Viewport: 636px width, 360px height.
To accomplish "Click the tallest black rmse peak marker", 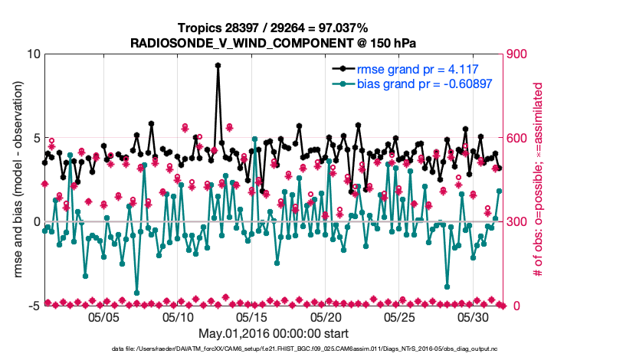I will click(x=218, y=66).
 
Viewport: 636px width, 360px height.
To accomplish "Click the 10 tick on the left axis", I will click(x=32, y=54).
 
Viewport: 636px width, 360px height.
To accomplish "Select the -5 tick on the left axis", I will click(x=34, y=306).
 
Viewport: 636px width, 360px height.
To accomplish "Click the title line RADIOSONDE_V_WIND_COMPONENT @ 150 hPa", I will click(x=274, y=41).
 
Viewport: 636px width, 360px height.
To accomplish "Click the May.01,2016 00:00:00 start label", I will click(x=274, y=333).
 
